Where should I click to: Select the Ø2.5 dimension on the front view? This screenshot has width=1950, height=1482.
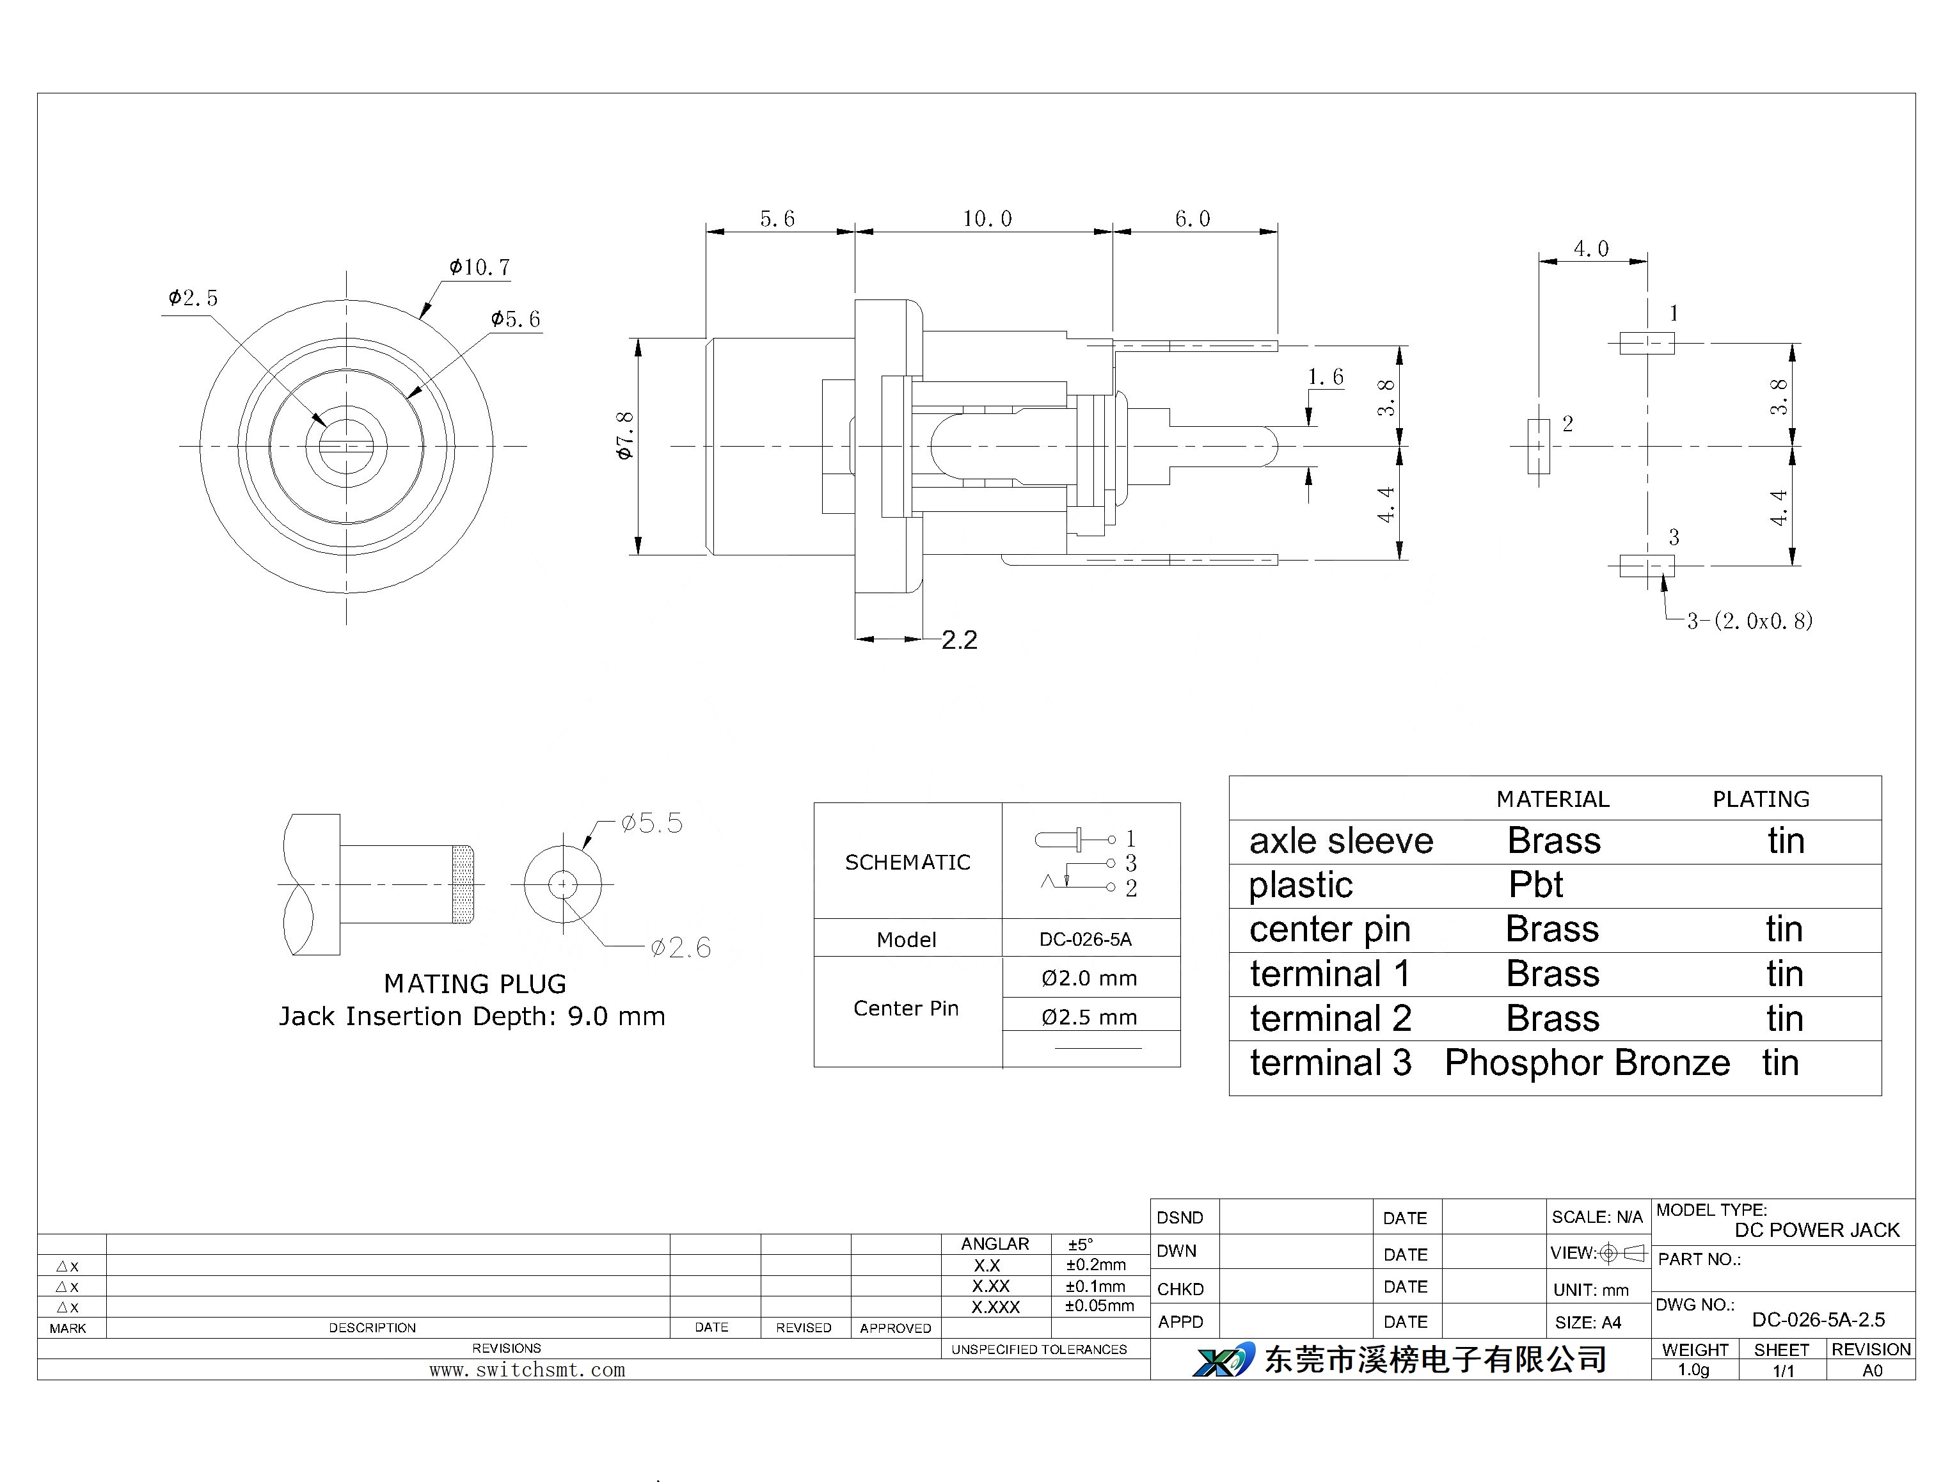pyautogui.click(x=193, y=298)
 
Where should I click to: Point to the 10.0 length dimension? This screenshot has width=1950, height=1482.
pyautogui.click(x=987, y=218)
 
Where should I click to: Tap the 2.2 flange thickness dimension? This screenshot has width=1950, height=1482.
pyautogui.click(x=960, y=639)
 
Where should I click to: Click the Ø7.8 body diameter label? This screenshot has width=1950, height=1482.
pyautogui.click(x=624, y=436)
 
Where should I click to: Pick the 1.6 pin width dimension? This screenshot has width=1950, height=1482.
pyautogui.click(x=1326, y=378)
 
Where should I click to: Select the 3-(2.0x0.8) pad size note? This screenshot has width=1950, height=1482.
pyautogui.click(x=1750, y=621)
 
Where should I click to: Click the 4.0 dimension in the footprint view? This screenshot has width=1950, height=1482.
pyautogui.click(x=1591, y=249)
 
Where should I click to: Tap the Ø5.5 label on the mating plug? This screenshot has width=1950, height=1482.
pyautogui.click(x=652, y=823)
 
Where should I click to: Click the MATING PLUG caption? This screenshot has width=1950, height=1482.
pyautogui.click(x=475, y=984)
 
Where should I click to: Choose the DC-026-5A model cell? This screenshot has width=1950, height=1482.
pyautogui.click(x=1086, y=939)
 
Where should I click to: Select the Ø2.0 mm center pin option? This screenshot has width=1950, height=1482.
pyautogui.click(x=1090, y=978)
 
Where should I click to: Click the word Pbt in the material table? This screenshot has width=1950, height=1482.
pyautogui.click(x=1535, y=885)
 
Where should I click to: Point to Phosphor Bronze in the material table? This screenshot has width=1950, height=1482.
pyautogui.click(x=1587, y=1063)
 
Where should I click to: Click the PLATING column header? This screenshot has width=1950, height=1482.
pyautogui.click(x=1761, y=799)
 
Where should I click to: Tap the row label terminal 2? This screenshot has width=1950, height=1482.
pyautogui.click(x=1330, y=1019)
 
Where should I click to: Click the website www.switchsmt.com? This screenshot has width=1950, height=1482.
pyautogui.click(x=527, y=1370)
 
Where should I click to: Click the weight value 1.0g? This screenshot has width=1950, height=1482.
pyautogui.click(x=1693, y=1370)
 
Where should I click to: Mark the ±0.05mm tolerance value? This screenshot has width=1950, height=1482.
pyautogui.click(x=1099, y=1305)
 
